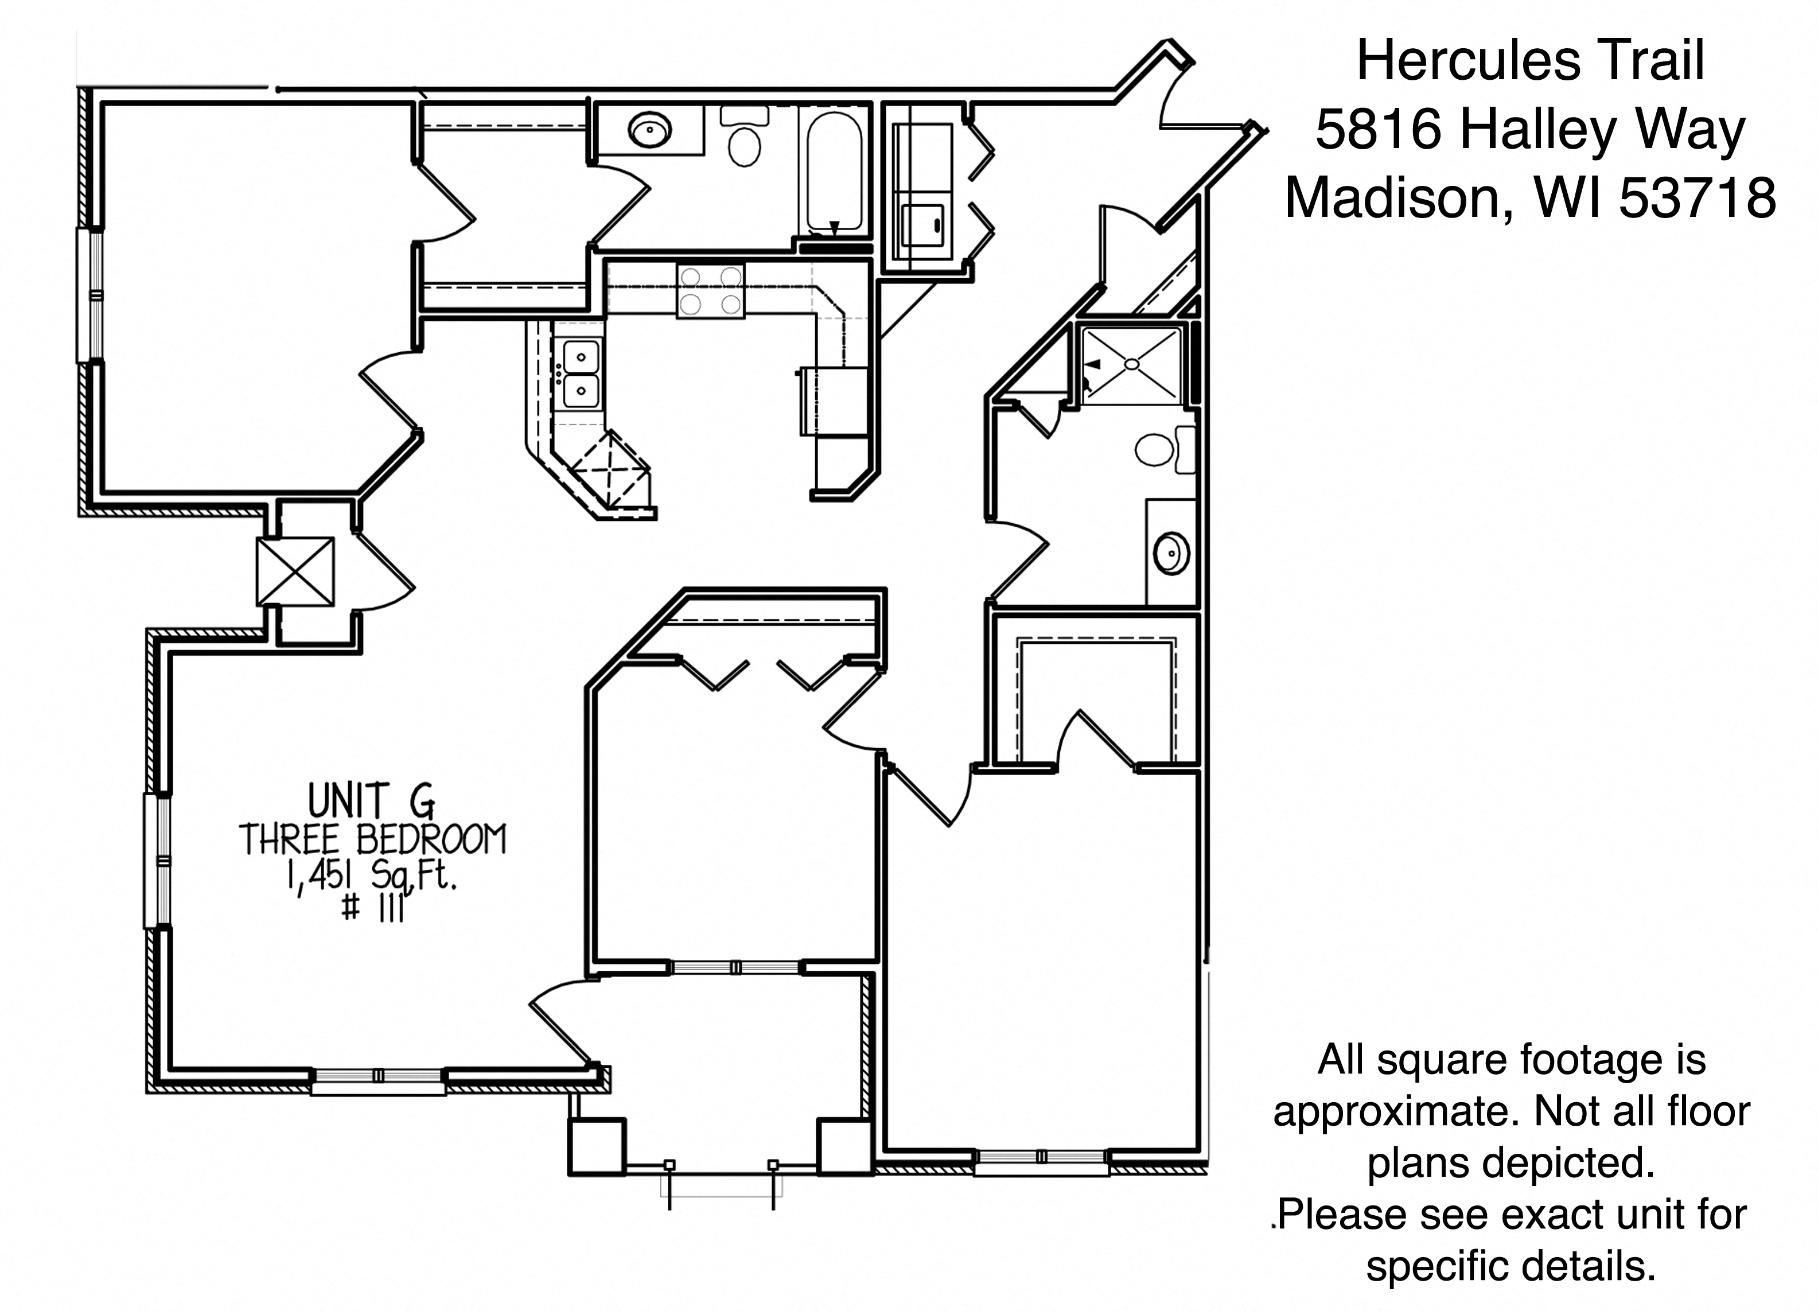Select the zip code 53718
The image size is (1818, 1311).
[1697, 197]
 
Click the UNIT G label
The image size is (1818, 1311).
[372, 800]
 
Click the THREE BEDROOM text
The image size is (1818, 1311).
[373, 839]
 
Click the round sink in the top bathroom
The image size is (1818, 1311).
[649, 130]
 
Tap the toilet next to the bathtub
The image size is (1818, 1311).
[745, 137]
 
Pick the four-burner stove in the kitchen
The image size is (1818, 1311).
[710, 290]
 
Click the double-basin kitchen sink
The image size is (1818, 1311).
[581, 374]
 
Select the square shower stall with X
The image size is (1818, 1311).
[1131, 364]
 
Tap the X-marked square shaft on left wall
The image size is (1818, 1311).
[295, 571]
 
